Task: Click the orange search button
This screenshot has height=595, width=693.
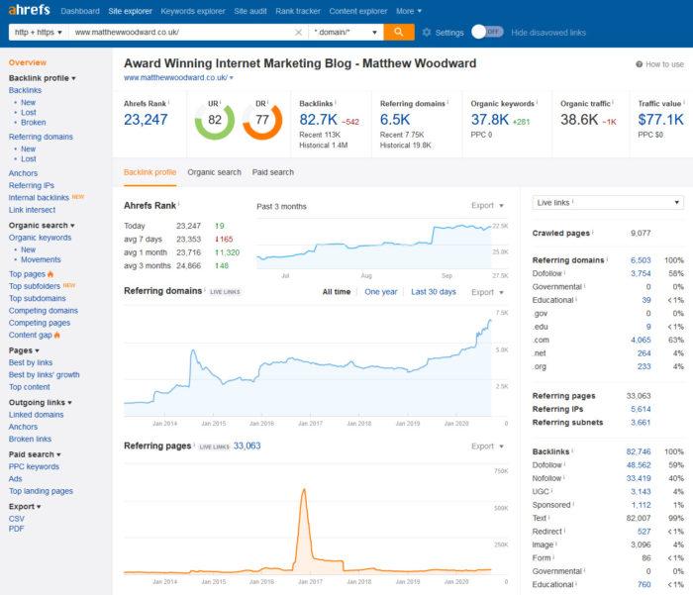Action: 398,32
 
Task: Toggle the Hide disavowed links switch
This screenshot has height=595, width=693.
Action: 486,32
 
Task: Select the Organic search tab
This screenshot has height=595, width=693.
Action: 214,172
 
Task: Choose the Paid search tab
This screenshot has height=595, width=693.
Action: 272,172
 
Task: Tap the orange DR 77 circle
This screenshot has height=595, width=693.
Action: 261,122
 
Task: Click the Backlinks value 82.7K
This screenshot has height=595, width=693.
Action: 319,120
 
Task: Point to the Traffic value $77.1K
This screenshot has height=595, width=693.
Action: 661,120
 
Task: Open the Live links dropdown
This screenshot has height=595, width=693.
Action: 607,203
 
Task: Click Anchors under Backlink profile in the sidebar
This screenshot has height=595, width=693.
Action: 26,172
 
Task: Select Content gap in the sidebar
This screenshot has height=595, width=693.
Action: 30,335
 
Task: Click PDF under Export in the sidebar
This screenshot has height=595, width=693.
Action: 17,530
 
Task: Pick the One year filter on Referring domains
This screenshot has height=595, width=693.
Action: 381,292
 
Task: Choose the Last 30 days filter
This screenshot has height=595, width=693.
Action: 434,292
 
